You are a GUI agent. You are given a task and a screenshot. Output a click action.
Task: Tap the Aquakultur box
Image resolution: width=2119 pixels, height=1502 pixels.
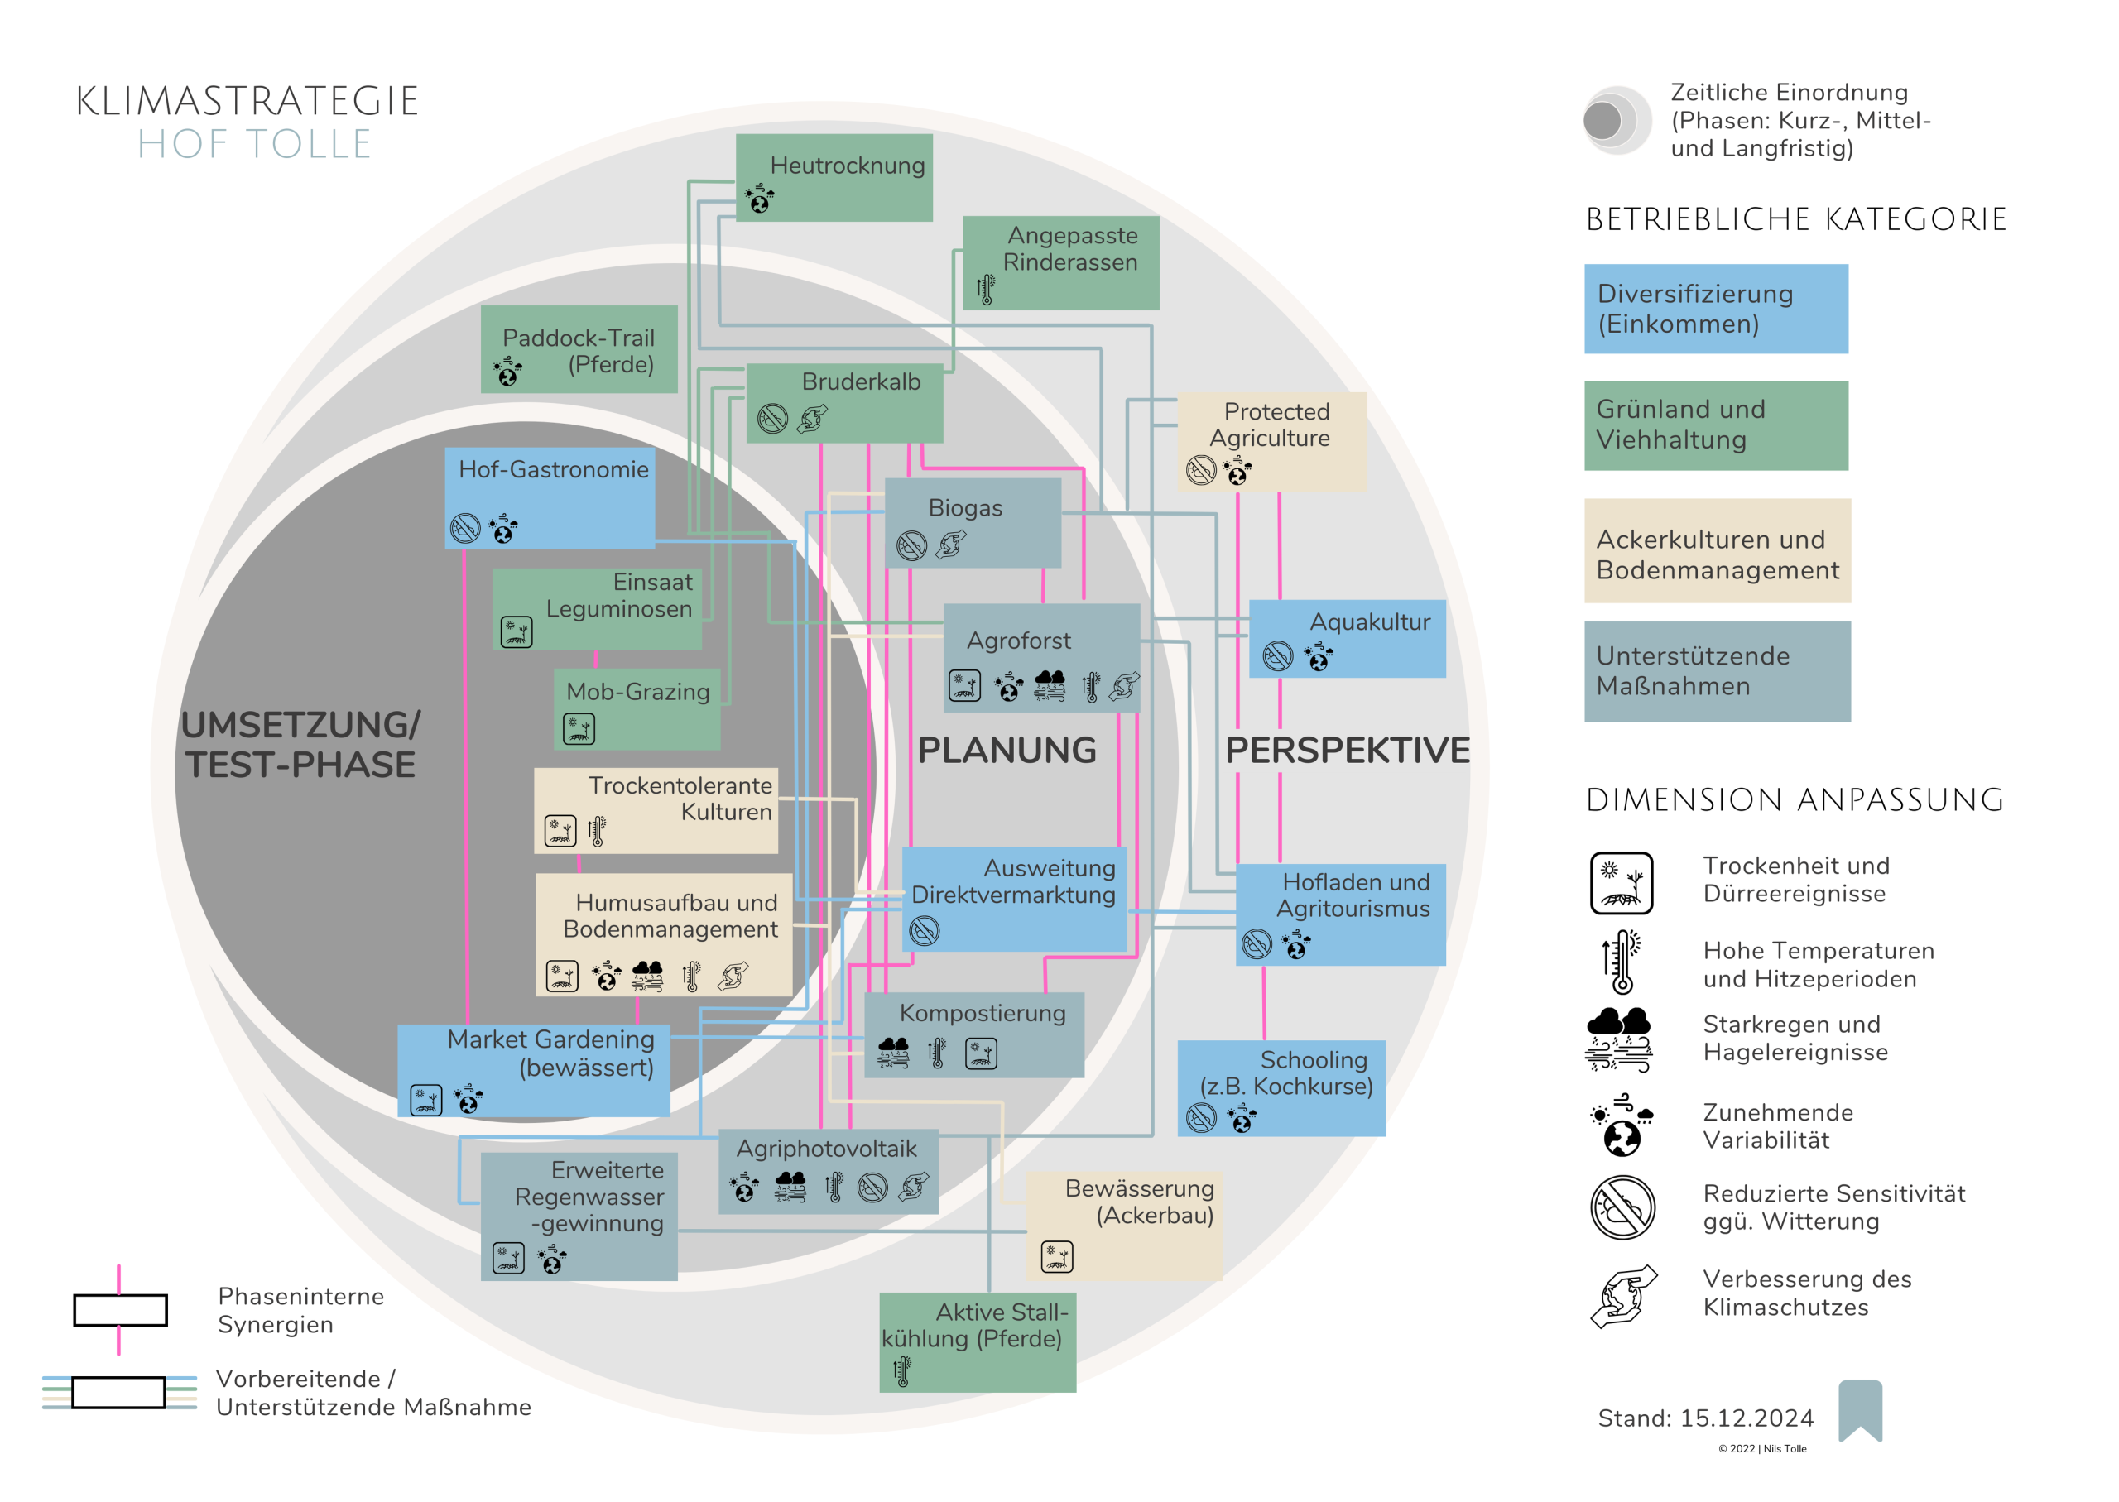coord(1347,638)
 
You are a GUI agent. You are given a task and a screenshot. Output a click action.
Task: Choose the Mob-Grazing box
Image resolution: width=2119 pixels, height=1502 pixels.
coord(637,708)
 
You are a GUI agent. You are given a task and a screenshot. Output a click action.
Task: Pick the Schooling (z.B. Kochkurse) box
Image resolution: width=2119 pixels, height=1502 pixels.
coord(1281,1087)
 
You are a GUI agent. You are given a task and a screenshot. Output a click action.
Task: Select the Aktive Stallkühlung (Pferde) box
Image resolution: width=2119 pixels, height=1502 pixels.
coord(977,1341)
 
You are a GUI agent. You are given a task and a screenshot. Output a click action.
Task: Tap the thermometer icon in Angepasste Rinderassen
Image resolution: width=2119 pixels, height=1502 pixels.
coord(986,290)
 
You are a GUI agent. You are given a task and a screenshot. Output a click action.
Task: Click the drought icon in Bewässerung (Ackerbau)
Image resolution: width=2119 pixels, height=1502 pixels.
coord(1056,1256)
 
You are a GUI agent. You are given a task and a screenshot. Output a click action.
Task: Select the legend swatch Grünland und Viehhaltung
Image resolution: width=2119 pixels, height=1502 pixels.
coord(1716,425)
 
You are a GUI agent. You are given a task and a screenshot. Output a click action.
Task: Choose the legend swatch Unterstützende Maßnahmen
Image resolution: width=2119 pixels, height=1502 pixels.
coord(1717,670)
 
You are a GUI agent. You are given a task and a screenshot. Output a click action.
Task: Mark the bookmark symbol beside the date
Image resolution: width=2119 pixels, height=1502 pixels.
coord(1860,1409)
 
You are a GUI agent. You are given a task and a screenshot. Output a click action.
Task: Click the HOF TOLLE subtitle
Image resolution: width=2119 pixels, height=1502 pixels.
coord(254,145)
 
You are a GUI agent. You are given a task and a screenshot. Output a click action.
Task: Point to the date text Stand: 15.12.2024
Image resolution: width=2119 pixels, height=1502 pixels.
coord(1706,1418)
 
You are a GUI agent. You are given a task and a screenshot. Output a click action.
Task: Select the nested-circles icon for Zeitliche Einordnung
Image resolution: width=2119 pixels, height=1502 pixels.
coord(1615,120)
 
